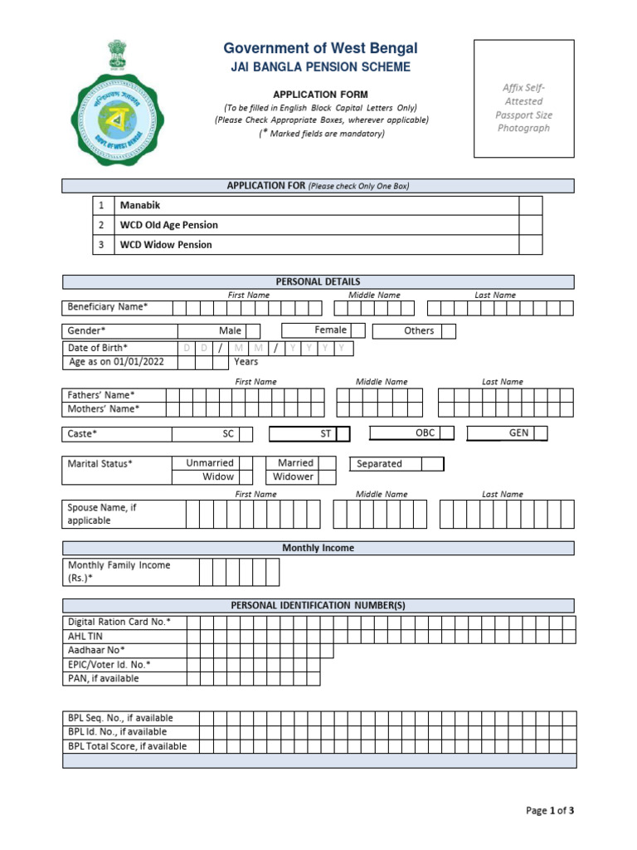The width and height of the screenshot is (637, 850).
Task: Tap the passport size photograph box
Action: tap(523, 98)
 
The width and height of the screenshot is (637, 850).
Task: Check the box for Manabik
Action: tap(530, 205)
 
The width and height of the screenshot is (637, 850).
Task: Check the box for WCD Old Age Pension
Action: tap(530, 225)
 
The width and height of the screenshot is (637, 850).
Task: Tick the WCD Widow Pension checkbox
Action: tap(530, 245)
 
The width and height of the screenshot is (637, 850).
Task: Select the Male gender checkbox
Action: tap(253, 331)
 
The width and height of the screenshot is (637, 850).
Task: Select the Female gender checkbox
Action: tap(357, 331)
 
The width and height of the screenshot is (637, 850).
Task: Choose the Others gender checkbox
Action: tap(449, 331)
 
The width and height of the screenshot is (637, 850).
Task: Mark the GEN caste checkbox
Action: tap(540, 433)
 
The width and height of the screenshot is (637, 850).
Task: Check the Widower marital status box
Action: tap(328, 477)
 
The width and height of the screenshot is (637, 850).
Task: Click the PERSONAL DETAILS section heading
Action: tap(318, 282)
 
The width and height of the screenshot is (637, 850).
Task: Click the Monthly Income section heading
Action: tap(318, 548)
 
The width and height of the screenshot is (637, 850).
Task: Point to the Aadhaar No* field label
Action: tap(96, 650)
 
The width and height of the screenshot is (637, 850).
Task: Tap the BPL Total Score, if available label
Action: tap(127, 746)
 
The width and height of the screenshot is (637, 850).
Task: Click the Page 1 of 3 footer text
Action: tap(550, 811)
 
